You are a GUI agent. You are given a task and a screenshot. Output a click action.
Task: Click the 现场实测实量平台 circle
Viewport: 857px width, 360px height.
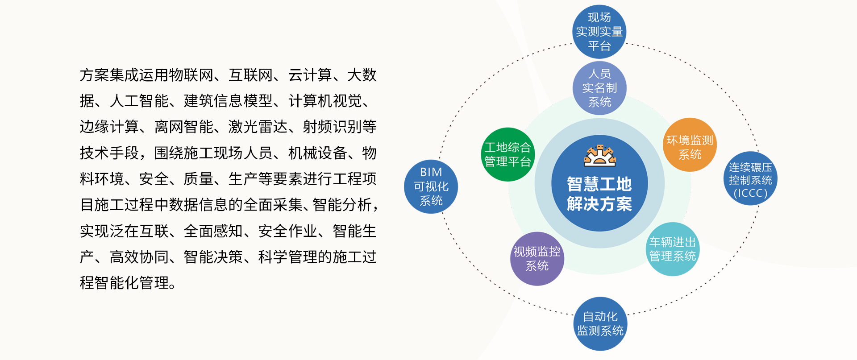[599, 32]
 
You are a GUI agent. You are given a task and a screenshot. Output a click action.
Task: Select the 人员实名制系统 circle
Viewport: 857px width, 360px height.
[599, 88]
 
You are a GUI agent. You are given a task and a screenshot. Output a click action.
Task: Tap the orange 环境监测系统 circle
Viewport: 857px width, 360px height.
[690, 145]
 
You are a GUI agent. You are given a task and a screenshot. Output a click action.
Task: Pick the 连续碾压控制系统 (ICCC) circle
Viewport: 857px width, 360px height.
[750, 178]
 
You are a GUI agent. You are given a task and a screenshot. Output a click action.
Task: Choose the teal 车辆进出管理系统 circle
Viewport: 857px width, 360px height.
[672, 249]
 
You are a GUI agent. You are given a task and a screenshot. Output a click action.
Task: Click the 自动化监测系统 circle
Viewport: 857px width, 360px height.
[600, 323]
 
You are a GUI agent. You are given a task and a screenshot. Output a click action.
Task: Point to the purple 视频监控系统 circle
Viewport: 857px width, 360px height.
[537, 259]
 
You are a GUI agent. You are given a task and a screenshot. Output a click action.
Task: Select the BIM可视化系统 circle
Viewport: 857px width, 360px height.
[431, 186]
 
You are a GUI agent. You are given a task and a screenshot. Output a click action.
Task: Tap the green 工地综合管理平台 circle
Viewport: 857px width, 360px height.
[508, 154]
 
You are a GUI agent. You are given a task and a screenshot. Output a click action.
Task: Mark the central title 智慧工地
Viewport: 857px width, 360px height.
[599, 184]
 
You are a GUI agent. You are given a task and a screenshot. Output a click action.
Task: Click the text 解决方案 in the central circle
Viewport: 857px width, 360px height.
[599, 204]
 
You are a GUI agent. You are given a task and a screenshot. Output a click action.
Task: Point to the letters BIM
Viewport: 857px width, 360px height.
[431, 172]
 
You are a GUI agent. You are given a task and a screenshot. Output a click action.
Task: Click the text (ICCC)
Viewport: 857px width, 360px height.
[750, 193]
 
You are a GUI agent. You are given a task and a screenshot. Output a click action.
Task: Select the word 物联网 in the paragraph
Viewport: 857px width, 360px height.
[191, 75]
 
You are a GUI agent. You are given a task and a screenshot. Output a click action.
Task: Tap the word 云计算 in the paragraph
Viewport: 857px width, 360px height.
[310, 75]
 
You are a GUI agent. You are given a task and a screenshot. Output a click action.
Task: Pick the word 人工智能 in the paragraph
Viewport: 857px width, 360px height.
[139, 101]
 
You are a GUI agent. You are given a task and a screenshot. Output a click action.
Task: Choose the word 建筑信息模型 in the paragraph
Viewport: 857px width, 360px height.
[228, 101]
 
